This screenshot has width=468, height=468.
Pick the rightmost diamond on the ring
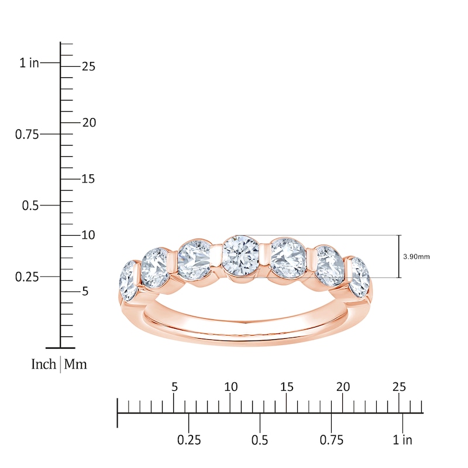tap(360, 273)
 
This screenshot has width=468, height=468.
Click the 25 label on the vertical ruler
tap(88, 67)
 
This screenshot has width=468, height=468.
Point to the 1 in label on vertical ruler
tap(29, 63)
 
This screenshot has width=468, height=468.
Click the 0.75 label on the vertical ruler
tap(27, 135)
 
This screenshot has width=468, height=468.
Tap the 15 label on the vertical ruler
tap(88, 180)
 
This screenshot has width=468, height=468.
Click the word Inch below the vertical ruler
tap(44, 364)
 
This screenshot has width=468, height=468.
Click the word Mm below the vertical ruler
tap(75, 364)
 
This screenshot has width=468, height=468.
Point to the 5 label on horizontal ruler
tap(174, 387)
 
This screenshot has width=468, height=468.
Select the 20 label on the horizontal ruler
tap(343, 387)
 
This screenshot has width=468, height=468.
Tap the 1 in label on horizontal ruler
tap(402, 440)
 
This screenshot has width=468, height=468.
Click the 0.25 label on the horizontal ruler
tap(188, 440)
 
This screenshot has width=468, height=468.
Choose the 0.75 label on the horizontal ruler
tap(332, 440)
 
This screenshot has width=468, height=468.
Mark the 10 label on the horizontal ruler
tap(230, 387)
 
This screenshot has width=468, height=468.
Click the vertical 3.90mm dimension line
tap(400, 256)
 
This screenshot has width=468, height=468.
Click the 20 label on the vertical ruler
tap(88, 123)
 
